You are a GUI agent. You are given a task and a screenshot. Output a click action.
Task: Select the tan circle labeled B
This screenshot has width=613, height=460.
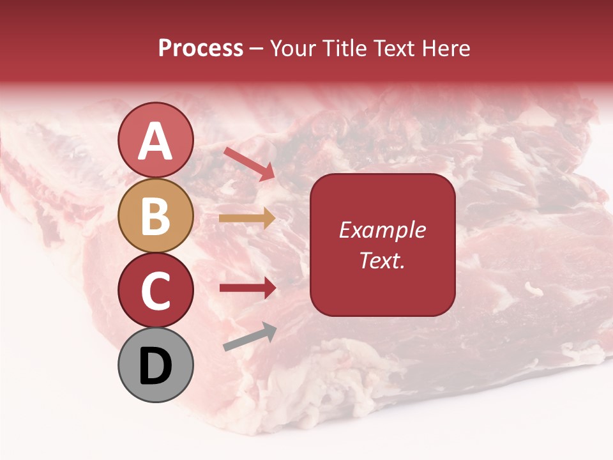coord(155,216)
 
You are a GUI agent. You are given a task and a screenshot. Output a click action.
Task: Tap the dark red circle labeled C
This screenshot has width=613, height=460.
coord(155,291)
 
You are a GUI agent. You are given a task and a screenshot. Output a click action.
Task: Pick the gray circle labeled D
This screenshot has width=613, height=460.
coord(155,365)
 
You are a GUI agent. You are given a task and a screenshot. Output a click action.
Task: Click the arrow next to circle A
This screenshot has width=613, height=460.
coord(249,164)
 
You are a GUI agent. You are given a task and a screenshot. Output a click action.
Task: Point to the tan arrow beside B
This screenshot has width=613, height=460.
coord(247,218)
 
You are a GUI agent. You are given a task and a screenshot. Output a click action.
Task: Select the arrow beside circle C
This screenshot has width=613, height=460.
coord(247,288)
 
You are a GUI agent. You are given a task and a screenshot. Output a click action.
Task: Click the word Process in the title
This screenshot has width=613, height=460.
coord(201,49)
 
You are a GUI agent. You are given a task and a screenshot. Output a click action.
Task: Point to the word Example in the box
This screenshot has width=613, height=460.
coord(382,231)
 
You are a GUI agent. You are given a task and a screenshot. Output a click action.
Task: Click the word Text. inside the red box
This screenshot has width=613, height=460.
coord(382,261)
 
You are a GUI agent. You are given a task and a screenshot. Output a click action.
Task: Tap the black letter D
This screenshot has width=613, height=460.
coord(155,367)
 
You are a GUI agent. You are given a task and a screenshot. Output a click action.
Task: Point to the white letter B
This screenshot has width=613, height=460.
coord(155,217)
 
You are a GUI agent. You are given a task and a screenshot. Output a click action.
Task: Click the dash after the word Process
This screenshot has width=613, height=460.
coord(257,49)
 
